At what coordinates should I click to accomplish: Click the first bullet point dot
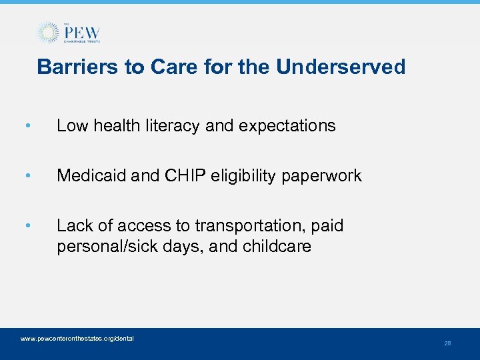pyautogui.click(x=26, y=125)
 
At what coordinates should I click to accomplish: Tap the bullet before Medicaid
pyautogui.click(x=26, y=176)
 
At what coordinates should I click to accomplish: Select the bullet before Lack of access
pyautogui.click(x=26, y=226)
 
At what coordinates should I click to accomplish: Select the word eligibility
pyautogui.click(x=234, y=176)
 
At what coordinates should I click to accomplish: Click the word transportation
pyautogui.click(x=233, y=226)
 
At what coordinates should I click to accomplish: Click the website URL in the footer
pyautogui.click(x=77, y=339)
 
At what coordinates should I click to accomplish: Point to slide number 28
pyautogui.click(x=447, y=343)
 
